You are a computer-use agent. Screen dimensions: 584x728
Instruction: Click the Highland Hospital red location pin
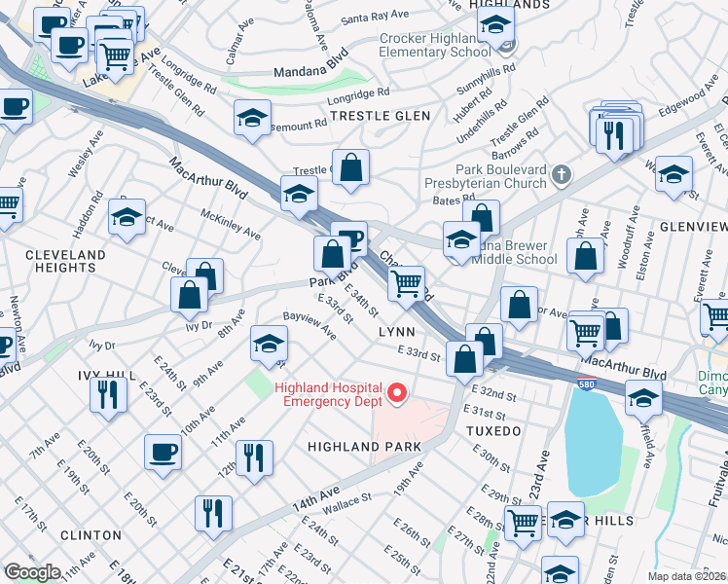tap(396, 393)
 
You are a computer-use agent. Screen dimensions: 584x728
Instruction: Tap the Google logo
tap(32, 572)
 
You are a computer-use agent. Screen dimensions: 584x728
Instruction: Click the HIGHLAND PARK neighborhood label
tap(364, 447)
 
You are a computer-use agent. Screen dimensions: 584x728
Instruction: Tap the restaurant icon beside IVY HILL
tap(107, 393)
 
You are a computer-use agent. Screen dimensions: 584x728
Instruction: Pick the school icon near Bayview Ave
tap(270, 343)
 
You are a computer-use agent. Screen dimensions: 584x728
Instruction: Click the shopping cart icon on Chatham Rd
tap(406, 284)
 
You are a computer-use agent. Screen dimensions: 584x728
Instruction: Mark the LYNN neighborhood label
tap(397, 333)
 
